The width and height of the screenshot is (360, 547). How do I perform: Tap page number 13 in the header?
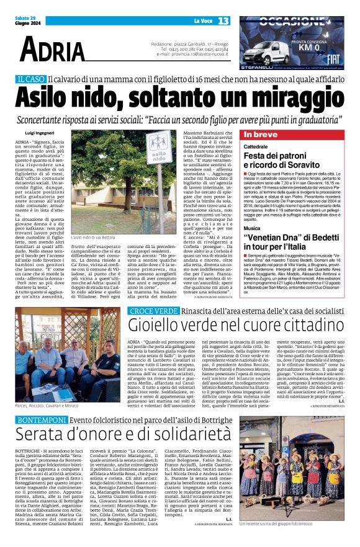click(223, 21)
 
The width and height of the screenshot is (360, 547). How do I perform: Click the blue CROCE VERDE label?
click(148, 311)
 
